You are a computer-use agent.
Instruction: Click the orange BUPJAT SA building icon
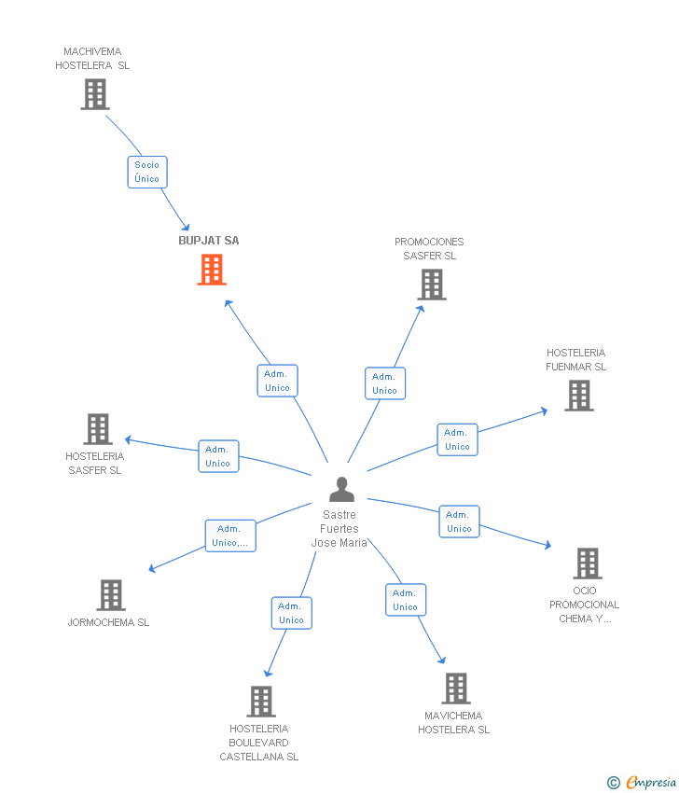coord(212,270)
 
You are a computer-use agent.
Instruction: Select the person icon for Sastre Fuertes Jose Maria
coord(342,490)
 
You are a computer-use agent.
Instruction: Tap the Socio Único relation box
coord(147,172)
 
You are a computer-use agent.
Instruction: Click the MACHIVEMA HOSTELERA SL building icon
coord(95,94)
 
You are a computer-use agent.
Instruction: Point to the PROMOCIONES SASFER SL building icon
coord(431,285)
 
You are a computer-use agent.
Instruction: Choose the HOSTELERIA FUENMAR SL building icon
coord(579,396)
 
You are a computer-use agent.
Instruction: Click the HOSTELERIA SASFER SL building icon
coord(97,429)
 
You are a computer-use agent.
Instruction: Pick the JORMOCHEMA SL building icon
coord(111,595)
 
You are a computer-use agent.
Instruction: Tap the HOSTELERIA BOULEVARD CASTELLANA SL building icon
coord(261,702)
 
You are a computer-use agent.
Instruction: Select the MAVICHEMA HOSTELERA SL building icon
coord(455,689)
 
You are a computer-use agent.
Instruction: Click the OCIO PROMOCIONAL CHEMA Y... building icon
coord(588,563)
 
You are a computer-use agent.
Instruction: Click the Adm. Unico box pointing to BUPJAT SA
coord(277,381)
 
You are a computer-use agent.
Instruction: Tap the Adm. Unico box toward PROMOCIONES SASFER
coord(385,383)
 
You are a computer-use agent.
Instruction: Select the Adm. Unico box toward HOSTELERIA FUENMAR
coord(457,439)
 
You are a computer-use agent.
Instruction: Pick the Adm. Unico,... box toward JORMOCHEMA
coord(230,536)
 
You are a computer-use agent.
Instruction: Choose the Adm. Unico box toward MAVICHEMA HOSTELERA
coord(406,600)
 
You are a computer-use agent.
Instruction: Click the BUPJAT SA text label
coord(209,241)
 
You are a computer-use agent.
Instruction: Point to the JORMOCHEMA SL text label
coord(108,622)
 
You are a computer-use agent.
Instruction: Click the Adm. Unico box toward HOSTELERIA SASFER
coord(218,456)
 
